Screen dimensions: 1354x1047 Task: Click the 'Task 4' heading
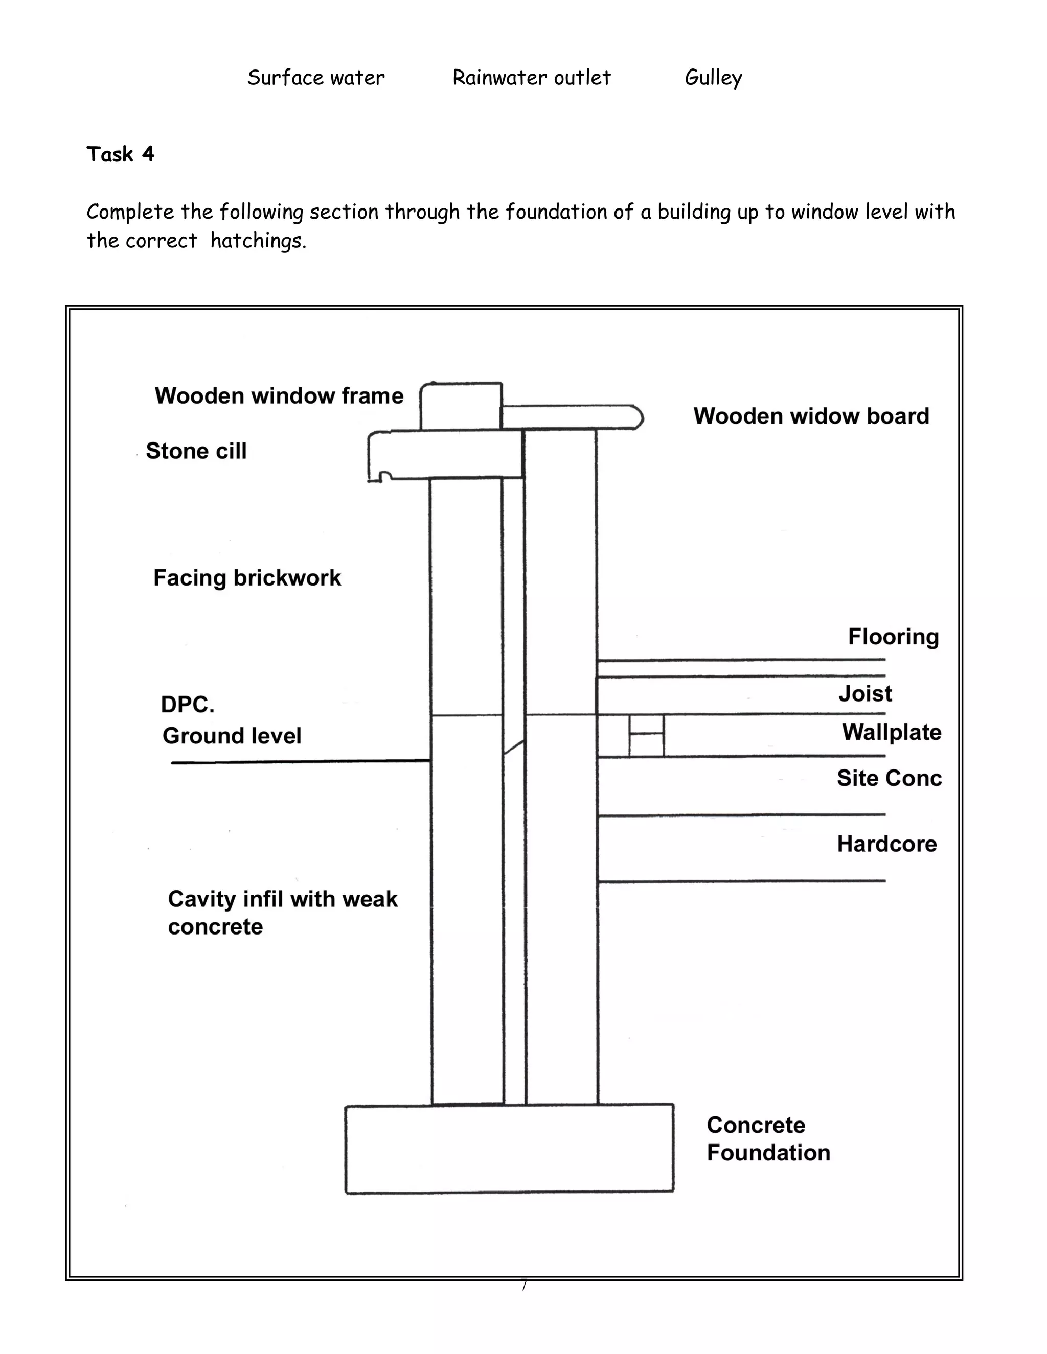point(120,154)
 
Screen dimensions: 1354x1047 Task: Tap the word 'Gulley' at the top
point(713,78)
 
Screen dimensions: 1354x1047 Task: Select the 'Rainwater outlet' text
point(532,78)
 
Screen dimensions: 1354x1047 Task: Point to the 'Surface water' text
point(316,78)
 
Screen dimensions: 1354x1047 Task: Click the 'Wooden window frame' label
point(279,395)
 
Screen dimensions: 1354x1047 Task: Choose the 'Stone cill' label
point(196,451)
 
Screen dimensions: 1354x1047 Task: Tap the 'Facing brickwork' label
point(247,578)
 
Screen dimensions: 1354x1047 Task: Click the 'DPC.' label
point(187,704)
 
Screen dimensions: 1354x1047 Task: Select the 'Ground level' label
point(232,736)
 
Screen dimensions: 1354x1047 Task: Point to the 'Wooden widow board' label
point(811,416)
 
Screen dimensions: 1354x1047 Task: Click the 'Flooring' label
point(893,637)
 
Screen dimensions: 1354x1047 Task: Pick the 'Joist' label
point(866,693)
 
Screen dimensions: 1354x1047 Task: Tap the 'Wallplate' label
point(891,732)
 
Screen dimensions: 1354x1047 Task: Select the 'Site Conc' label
point(889,778)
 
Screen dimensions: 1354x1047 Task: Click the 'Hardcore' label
point(886,844)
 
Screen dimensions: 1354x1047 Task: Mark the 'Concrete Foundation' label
point(768,1139)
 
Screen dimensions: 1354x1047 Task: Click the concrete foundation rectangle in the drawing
point(509,1149)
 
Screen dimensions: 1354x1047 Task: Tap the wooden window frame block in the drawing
point(461,406)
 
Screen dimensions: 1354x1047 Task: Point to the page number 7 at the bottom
point(524,1285)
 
